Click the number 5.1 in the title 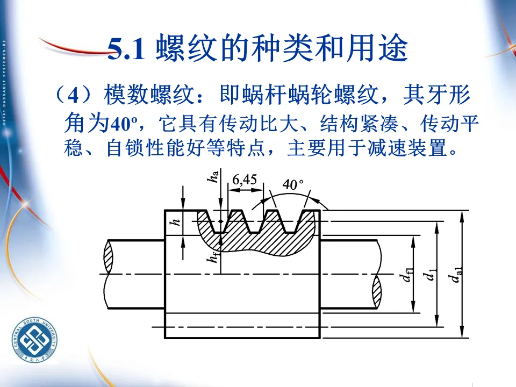[x=127, y=50]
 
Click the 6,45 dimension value [x=245, y=180]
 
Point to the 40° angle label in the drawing [x=293, y=184]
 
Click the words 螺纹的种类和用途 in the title [x=282, y=50]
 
